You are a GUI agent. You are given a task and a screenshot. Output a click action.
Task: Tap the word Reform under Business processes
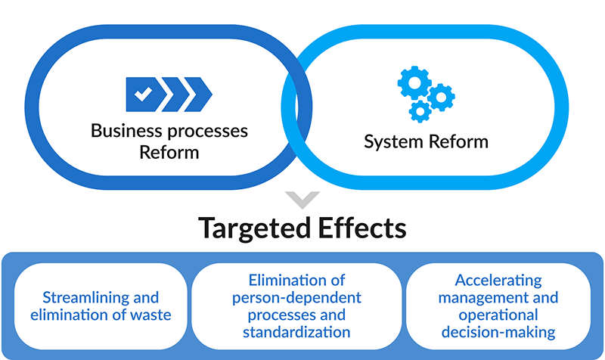coord(169,152)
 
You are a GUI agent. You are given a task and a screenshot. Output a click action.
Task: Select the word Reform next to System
coord(461,141)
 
